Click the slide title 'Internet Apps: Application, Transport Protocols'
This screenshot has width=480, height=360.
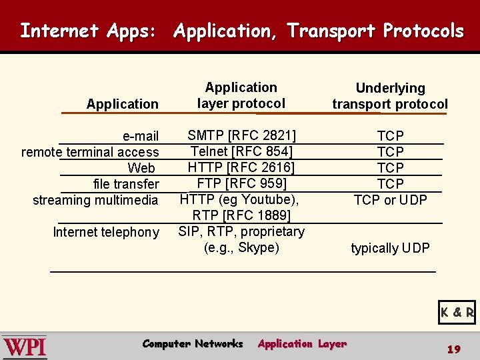(241, 31)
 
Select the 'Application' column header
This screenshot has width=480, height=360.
(122, 104)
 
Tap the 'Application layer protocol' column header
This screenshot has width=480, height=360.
(241, 95)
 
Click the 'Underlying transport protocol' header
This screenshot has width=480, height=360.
(390, 96)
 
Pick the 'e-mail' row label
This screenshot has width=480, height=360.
(141, 137)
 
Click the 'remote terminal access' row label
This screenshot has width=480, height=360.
(90, 152)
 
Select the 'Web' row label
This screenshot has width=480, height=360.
(141, 168)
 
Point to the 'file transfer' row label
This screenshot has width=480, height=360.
(126, 184)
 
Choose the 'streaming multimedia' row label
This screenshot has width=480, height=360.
(95, 200)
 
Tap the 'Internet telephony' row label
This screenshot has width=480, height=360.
(106, 232)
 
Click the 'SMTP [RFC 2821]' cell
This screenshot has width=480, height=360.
(241, 136)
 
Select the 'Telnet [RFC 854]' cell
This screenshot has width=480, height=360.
(241, 151)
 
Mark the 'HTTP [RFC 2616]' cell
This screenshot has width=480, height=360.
(241, 167)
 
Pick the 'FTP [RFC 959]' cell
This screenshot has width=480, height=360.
(241, 183)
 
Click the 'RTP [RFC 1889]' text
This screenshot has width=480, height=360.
(241, 215)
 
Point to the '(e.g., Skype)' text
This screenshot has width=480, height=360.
(241, 248)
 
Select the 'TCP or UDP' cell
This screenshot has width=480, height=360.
(390, 200)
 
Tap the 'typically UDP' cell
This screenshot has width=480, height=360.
(390, 249)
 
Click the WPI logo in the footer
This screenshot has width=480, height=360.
(25, 347)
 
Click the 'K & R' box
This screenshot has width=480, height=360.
(457, 312)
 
